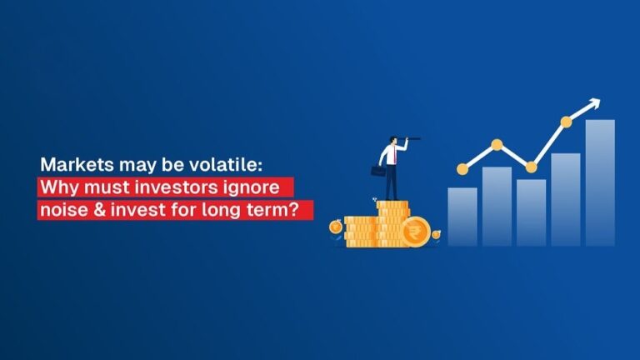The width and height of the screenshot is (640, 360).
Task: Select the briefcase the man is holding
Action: tap(378, 171)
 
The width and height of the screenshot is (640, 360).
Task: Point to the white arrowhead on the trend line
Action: tap(593, 104)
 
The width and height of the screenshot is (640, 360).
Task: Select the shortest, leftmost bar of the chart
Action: tap(462, 216)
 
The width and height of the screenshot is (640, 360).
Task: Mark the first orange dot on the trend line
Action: tap(462, 168)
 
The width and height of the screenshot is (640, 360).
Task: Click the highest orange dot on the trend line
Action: tap(566, 122)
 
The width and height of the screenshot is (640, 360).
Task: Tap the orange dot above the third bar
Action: tap(532, 167)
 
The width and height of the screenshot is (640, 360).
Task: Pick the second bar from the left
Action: tap(497, 206)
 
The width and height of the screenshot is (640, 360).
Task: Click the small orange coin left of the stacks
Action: tap(335, 226)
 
